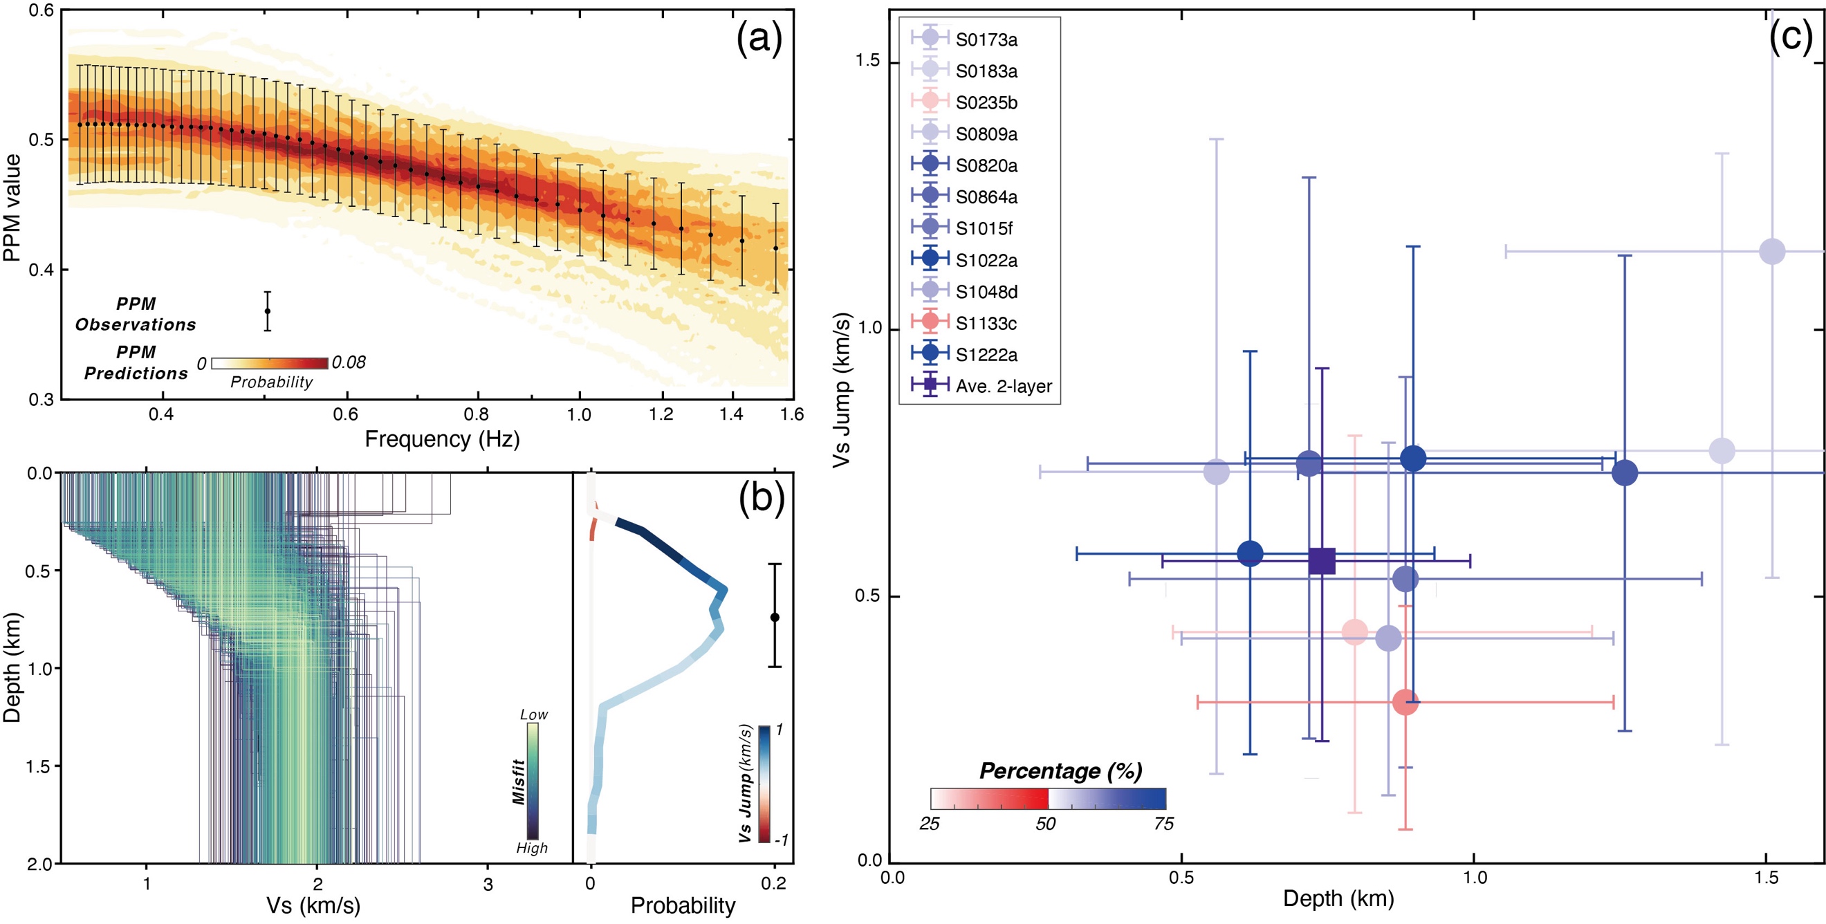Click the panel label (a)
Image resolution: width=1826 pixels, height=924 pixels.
point(759,39)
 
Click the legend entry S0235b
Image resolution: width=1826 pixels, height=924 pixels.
point(986,103)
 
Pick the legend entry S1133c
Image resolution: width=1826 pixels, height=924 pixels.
point(986,323)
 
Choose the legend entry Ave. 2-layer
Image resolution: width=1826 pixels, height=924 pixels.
point(1003,386)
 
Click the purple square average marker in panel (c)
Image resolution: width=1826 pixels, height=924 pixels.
point(1322,560)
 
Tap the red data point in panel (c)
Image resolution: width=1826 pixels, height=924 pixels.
point(1405,702)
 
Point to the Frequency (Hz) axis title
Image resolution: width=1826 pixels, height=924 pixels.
point(443,439)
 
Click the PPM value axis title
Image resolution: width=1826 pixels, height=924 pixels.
point(12,207)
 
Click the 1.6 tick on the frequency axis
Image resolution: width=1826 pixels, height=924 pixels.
point(793,414)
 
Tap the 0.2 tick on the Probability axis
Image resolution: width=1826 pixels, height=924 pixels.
point(773,883)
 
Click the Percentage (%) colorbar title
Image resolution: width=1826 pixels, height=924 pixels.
point(1060,771)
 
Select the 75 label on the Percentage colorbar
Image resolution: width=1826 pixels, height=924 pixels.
point(1163,824)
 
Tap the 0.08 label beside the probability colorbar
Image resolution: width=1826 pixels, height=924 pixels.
point(349,363)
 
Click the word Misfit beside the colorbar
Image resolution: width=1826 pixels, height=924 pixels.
point(519,782)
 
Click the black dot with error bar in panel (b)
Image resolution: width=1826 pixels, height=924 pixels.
point(775,617)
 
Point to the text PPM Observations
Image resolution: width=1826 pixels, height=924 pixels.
point(136,314)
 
